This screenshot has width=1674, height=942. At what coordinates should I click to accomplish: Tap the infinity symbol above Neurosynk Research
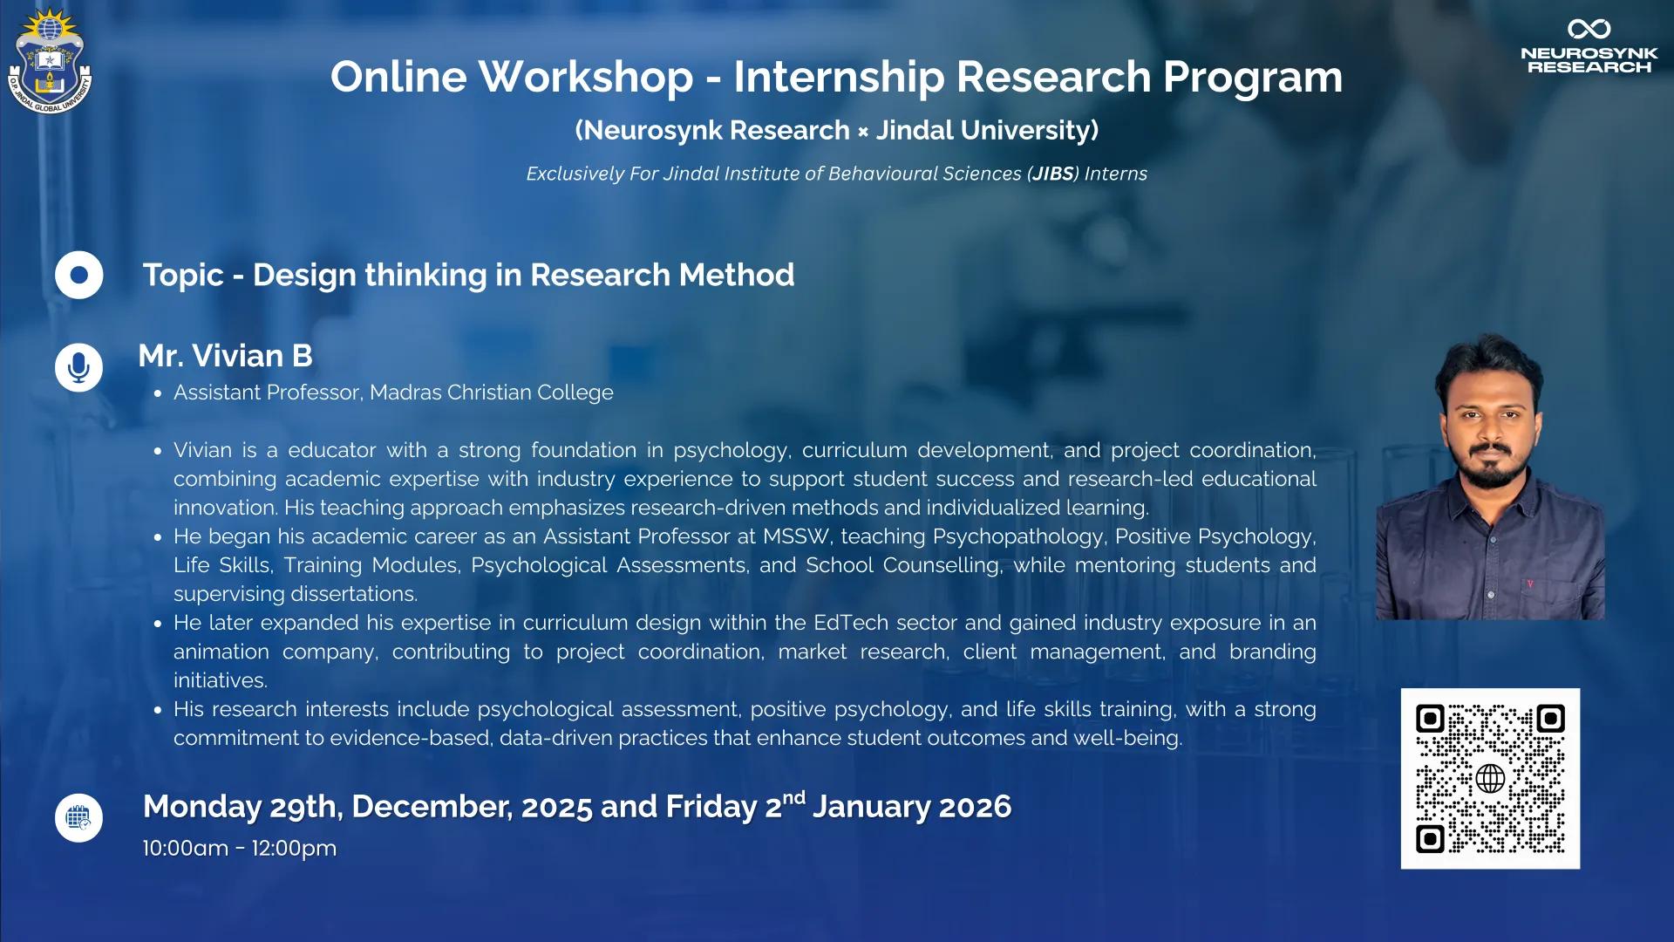tap(1589, 29)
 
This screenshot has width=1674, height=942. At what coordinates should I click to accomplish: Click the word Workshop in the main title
tap(586, 77)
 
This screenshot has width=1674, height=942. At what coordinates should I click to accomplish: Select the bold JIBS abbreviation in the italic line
tap(1053, 174)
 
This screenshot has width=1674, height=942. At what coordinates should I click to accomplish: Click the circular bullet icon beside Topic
tap(79, 275)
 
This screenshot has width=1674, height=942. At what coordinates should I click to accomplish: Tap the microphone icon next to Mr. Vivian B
tap(79, 367)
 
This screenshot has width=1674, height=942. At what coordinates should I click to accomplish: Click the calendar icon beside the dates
tap(79, 818)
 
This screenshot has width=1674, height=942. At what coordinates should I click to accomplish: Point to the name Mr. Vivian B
tap(225, 356)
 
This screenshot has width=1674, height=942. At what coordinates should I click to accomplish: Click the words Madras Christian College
tap(492, 392)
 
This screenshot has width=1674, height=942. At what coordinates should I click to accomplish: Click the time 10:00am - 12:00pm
tap(240, 848)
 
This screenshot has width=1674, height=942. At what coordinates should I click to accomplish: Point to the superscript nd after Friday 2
tap(793, 797)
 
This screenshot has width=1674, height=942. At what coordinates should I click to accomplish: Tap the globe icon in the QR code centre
tap(1490, 778)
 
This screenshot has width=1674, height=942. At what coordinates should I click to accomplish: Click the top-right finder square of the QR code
tap(1550, 719)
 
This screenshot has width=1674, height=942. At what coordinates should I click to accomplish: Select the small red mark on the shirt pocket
tap(1529, 584)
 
